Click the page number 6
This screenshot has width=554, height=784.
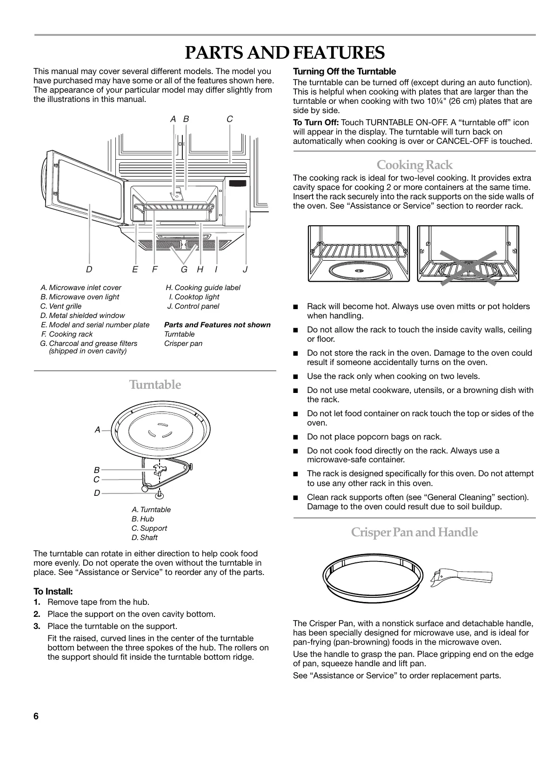[36, 716]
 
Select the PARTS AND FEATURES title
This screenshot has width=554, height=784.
[285, 53]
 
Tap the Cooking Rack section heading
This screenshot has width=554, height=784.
[414, 165]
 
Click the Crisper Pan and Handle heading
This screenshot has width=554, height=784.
[414, 532]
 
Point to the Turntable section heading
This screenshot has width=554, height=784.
[155, 385]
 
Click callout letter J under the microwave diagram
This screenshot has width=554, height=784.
[246, 269]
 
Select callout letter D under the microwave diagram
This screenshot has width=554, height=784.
[89, 269]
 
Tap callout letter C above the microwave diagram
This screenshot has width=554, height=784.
[229, 119]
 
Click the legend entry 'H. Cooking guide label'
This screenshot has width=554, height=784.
[203, 288]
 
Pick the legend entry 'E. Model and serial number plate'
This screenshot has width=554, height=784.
[95, 325]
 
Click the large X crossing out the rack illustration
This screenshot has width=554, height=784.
[468, 267]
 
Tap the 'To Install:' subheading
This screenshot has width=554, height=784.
[53, 592]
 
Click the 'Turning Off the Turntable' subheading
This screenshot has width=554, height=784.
[344, 72]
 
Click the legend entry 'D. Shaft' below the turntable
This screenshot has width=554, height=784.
[145, 538]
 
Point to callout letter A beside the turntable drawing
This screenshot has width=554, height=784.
[97, 430]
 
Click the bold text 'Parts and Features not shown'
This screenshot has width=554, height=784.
[217, 325]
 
